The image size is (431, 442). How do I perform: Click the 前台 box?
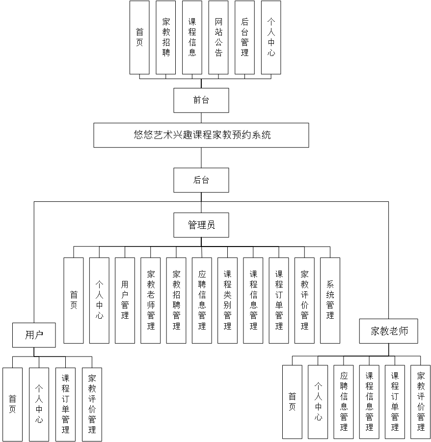pos(201,100)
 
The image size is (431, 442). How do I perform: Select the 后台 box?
pos(201,180)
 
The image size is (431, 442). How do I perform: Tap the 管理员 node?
pos(201,225)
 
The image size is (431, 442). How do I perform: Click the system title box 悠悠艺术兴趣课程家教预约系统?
pos(201,135)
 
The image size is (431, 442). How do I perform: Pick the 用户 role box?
pos(34,335)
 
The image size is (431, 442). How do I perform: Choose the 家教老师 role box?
pos(389,331)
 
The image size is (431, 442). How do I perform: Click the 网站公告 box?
pos(218,37)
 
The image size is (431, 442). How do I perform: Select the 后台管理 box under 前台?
pos(245,37)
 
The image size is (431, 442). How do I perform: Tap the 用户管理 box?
pos(125,300)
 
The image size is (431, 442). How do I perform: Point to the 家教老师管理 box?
pos(150,300)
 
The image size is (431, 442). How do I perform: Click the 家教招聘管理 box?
pos(176,300)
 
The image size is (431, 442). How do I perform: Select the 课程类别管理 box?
pos(227,300)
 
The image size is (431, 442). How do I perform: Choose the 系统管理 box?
pos(330,300)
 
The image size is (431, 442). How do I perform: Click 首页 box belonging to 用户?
pos(13,403)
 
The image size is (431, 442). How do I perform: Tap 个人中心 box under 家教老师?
pos(318,402)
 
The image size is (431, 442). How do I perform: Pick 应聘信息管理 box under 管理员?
pos(202,300)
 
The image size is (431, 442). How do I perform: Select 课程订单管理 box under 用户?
pos(65,403)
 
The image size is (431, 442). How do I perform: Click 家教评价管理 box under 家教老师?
pos(421,402)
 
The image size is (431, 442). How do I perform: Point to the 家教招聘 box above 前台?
pos(166,37)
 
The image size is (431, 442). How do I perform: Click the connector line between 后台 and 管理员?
pos(201,202)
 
